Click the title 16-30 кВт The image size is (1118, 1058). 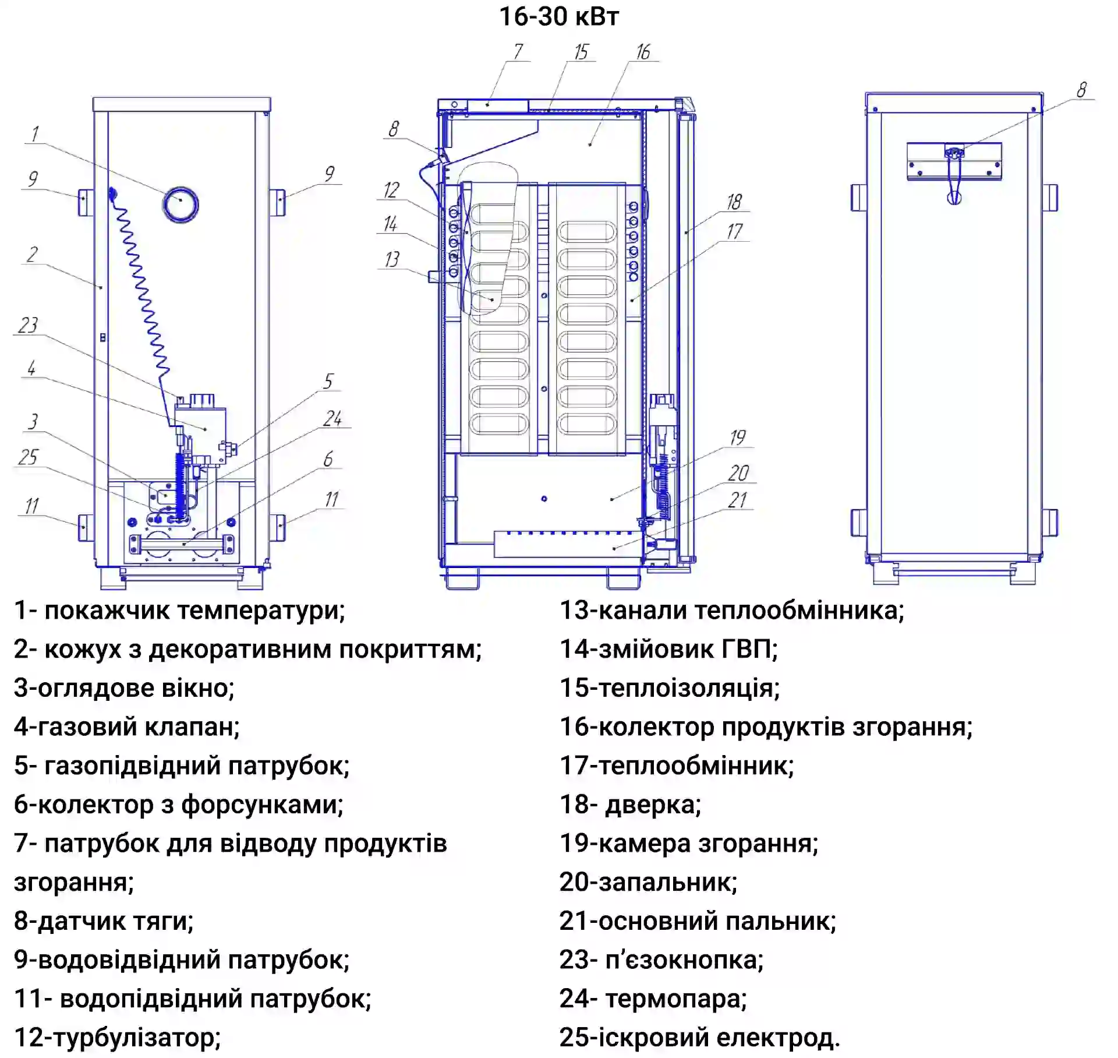(558, 16)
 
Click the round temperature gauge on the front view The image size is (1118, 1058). (181, 204)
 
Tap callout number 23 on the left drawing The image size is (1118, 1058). (27, 325)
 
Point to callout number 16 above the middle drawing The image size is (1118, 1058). (643, 52)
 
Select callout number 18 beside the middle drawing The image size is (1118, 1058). (734, 202)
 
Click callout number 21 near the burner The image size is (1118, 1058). (737, 500)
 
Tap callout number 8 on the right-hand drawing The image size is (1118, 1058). (1081, 90)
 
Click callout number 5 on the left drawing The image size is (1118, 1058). (328, 382)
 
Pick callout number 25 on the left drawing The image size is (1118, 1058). (27, 457)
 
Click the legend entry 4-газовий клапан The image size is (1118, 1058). (127, 727)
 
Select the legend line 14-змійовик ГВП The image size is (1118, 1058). (668, 649)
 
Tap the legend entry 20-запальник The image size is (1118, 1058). (648, 882)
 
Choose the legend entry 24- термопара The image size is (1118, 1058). (653, 999)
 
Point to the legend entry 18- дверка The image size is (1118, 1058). (630, 805)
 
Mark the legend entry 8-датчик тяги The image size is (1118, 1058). (104, 921)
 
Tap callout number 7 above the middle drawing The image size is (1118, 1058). (518, 52)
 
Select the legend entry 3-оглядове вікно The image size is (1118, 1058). (124, 688)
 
